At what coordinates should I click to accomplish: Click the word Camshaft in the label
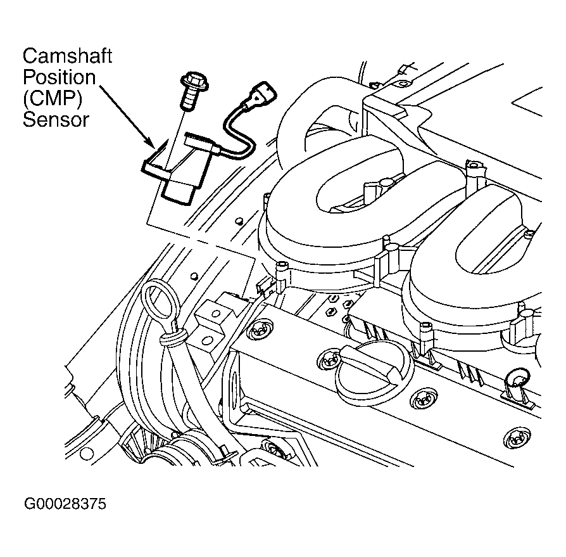(67, 56)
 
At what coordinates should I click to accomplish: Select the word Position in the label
(60, 77)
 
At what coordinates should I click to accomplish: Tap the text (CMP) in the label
(53, 98)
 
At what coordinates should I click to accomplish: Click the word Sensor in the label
(56, 120)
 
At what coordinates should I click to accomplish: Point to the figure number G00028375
(65, 504)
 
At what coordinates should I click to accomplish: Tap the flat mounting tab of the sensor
(156, 165)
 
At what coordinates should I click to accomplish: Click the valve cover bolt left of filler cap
(327, 360)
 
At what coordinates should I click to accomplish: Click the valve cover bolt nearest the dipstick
(259, 330)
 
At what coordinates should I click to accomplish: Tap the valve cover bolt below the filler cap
(422, 399)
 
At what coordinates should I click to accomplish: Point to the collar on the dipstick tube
(172, 338)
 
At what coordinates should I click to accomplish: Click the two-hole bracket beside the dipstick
(211, 324)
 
